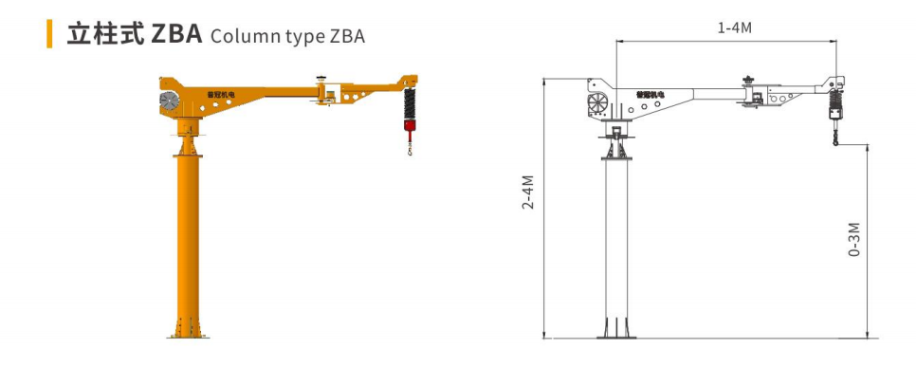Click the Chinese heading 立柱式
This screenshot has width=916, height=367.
point(105,34)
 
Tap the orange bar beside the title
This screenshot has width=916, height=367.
point(49,34)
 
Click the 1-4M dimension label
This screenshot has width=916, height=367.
point(734,28)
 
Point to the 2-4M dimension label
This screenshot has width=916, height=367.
point(529,193)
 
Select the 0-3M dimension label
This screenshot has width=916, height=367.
point(853,240)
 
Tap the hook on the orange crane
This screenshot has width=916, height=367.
point(410,152)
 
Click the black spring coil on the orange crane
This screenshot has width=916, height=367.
point(410,103)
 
